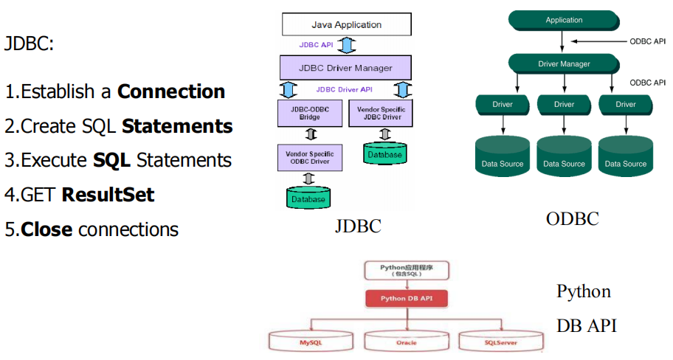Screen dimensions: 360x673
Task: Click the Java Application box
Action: pos(346,24)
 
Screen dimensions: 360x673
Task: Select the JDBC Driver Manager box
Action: pos(346,68)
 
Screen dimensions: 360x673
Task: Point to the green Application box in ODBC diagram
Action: pos(564,20)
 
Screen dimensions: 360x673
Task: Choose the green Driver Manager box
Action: pos(564,64)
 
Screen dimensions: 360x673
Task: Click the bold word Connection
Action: pos(171,92)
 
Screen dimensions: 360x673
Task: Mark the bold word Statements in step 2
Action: pos(177,126)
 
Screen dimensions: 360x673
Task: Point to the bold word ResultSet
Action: pos(108,195)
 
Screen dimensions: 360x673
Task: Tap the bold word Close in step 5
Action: pos(46,229)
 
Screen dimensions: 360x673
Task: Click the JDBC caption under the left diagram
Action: pos(358,226)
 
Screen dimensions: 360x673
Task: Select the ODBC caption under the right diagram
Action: pos(572,218)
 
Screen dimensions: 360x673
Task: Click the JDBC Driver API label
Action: pos(344,90)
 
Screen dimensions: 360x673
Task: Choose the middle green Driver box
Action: pos(565,105)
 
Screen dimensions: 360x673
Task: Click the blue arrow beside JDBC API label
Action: pos(347,45)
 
